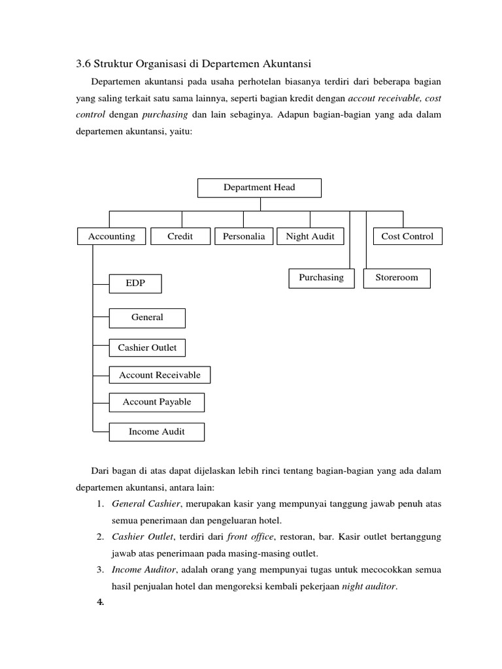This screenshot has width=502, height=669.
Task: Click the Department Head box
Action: [259, 188]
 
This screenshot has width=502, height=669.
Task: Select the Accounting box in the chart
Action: [112, 237]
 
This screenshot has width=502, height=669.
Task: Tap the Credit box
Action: [180, 237]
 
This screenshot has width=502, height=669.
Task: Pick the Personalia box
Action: [244, 237]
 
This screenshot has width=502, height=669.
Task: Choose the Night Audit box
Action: [310, 237]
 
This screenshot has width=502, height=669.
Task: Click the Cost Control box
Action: [407, 237]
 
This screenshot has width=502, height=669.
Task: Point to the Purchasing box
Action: [321, 278]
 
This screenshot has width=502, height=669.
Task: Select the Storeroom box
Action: [397, 278]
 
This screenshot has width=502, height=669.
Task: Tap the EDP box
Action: [135, 284]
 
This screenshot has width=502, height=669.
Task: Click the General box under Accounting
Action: [147, 318]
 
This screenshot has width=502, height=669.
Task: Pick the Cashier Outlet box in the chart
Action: [147, 348]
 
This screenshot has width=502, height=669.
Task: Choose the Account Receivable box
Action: [159, 375]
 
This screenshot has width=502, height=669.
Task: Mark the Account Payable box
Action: [157, 402]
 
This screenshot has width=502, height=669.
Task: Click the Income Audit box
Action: [157, 432]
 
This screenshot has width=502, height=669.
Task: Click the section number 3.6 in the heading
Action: [83, 63]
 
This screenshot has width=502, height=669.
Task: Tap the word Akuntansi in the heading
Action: [288, 63]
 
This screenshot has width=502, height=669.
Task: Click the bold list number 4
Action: [101, 602]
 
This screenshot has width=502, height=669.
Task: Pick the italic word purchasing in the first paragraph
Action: [165, 114]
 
